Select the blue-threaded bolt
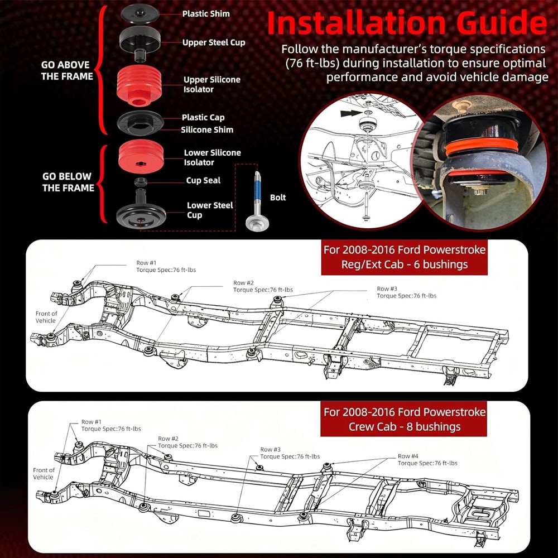(x=257, y=200)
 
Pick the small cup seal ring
(x=141, y=182)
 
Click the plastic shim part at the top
(x=139, y=13)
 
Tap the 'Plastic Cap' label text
(x=203, y=117)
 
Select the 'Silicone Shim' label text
(x=207, y=129)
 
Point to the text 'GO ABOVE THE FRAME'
(x=67, y=70)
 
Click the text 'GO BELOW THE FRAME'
(x=68, y=182)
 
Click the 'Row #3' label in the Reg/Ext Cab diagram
(x=387, y=288)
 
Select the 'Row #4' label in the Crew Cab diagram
(x=408, y=456)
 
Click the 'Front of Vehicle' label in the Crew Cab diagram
(x=44, y=473)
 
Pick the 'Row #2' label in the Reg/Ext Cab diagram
(x=243, y=283)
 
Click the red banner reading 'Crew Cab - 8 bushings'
(x=403, y=419)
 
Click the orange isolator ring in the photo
(x=481, y=147)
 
